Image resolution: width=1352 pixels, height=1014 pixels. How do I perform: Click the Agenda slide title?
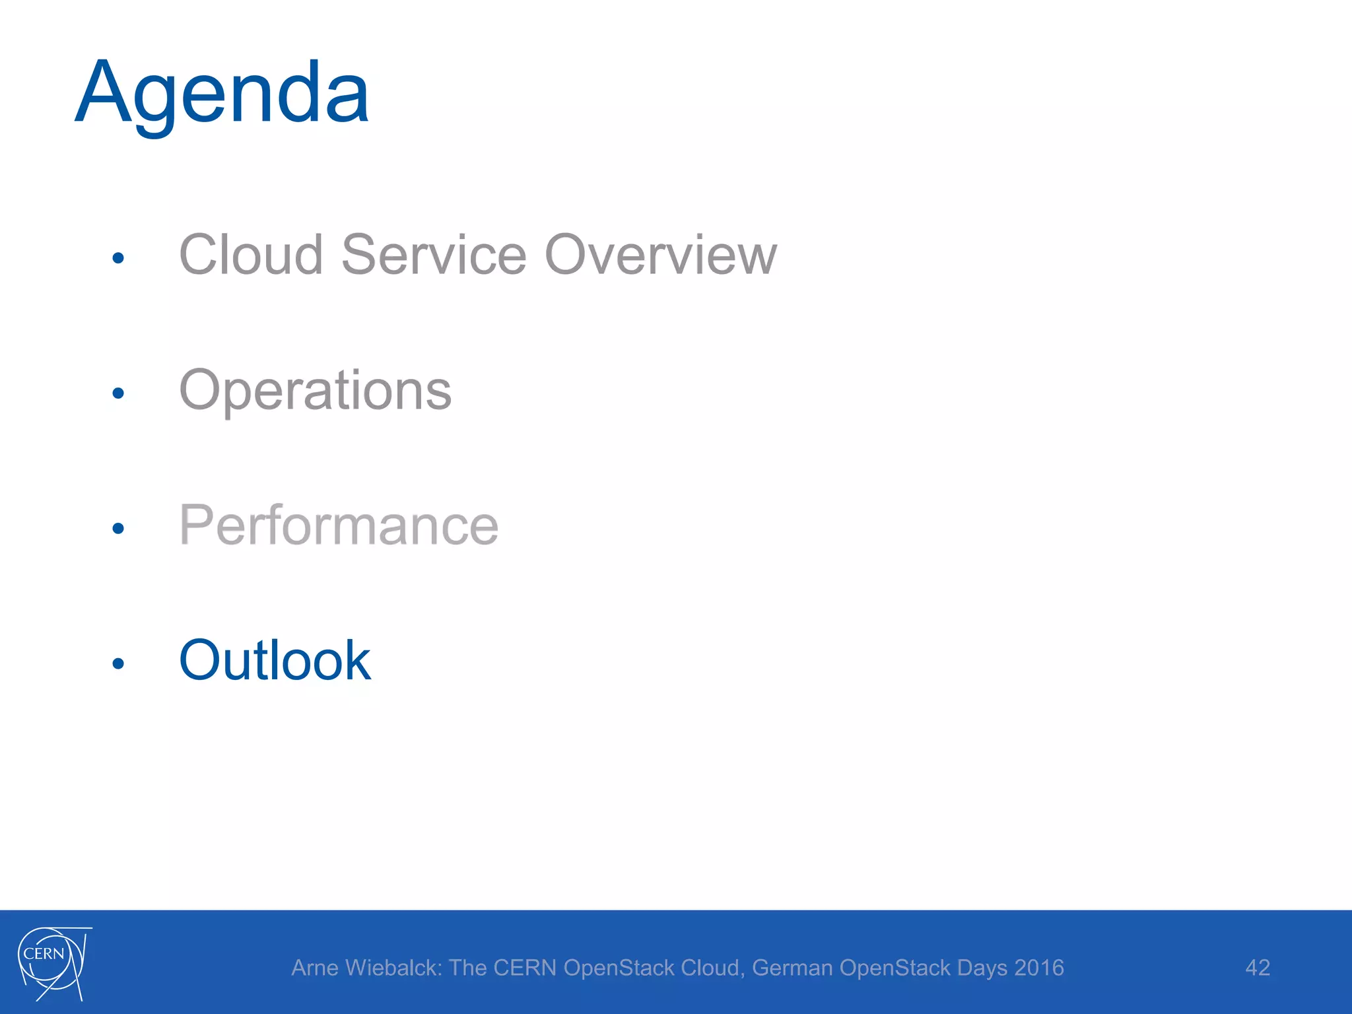222,92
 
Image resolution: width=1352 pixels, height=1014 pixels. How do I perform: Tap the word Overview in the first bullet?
661,255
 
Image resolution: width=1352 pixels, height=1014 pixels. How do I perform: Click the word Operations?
316,391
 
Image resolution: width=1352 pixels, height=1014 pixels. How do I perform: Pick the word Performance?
339,525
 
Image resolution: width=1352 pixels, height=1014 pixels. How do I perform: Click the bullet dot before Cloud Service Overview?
118,258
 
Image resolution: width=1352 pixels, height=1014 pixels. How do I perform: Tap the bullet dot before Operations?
118,393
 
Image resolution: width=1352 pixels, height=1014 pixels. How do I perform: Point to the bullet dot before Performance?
118,528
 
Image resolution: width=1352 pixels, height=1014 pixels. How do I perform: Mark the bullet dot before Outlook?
118,663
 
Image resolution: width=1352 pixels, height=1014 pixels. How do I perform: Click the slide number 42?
1258,968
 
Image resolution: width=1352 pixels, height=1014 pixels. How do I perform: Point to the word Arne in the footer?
315,968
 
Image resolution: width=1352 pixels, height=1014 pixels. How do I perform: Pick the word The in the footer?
467,968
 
